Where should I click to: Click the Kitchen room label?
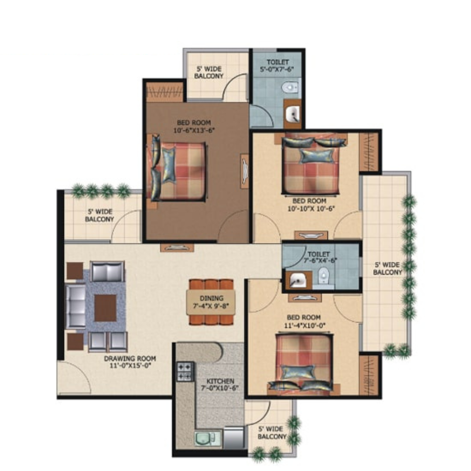tap(220, 381)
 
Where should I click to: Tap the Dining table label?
tap(211, 298)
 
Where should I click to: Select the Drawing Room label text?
tap(130, 358)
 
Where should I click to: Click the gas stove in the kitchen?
tap(185, 372)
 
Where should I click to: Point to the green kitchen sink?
tap(206, 439)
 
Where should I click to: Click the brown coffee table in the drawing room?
tap(106, 308)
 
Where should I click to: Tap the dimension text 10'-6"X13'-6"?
tap(194, 130)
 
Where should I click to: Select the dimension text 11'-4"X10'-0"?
tap(305, 325)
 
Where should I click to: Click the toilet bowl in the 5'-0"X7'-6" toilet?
tap(290, 88)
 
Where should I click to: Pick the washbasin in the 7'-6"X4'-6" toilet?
tap(298, 280)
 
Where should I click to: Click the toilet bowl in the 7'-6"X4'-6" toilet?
tap(323, 275)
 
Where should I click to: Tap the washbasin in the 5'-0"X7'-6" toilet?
tap(293, 114)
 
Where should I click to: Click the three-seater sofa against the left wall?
tap(75, 307)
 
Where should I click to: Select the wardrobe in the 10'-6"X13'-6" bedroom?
tap(164, 91)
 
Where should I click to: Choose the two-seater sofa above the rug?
tap(107, 271)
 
